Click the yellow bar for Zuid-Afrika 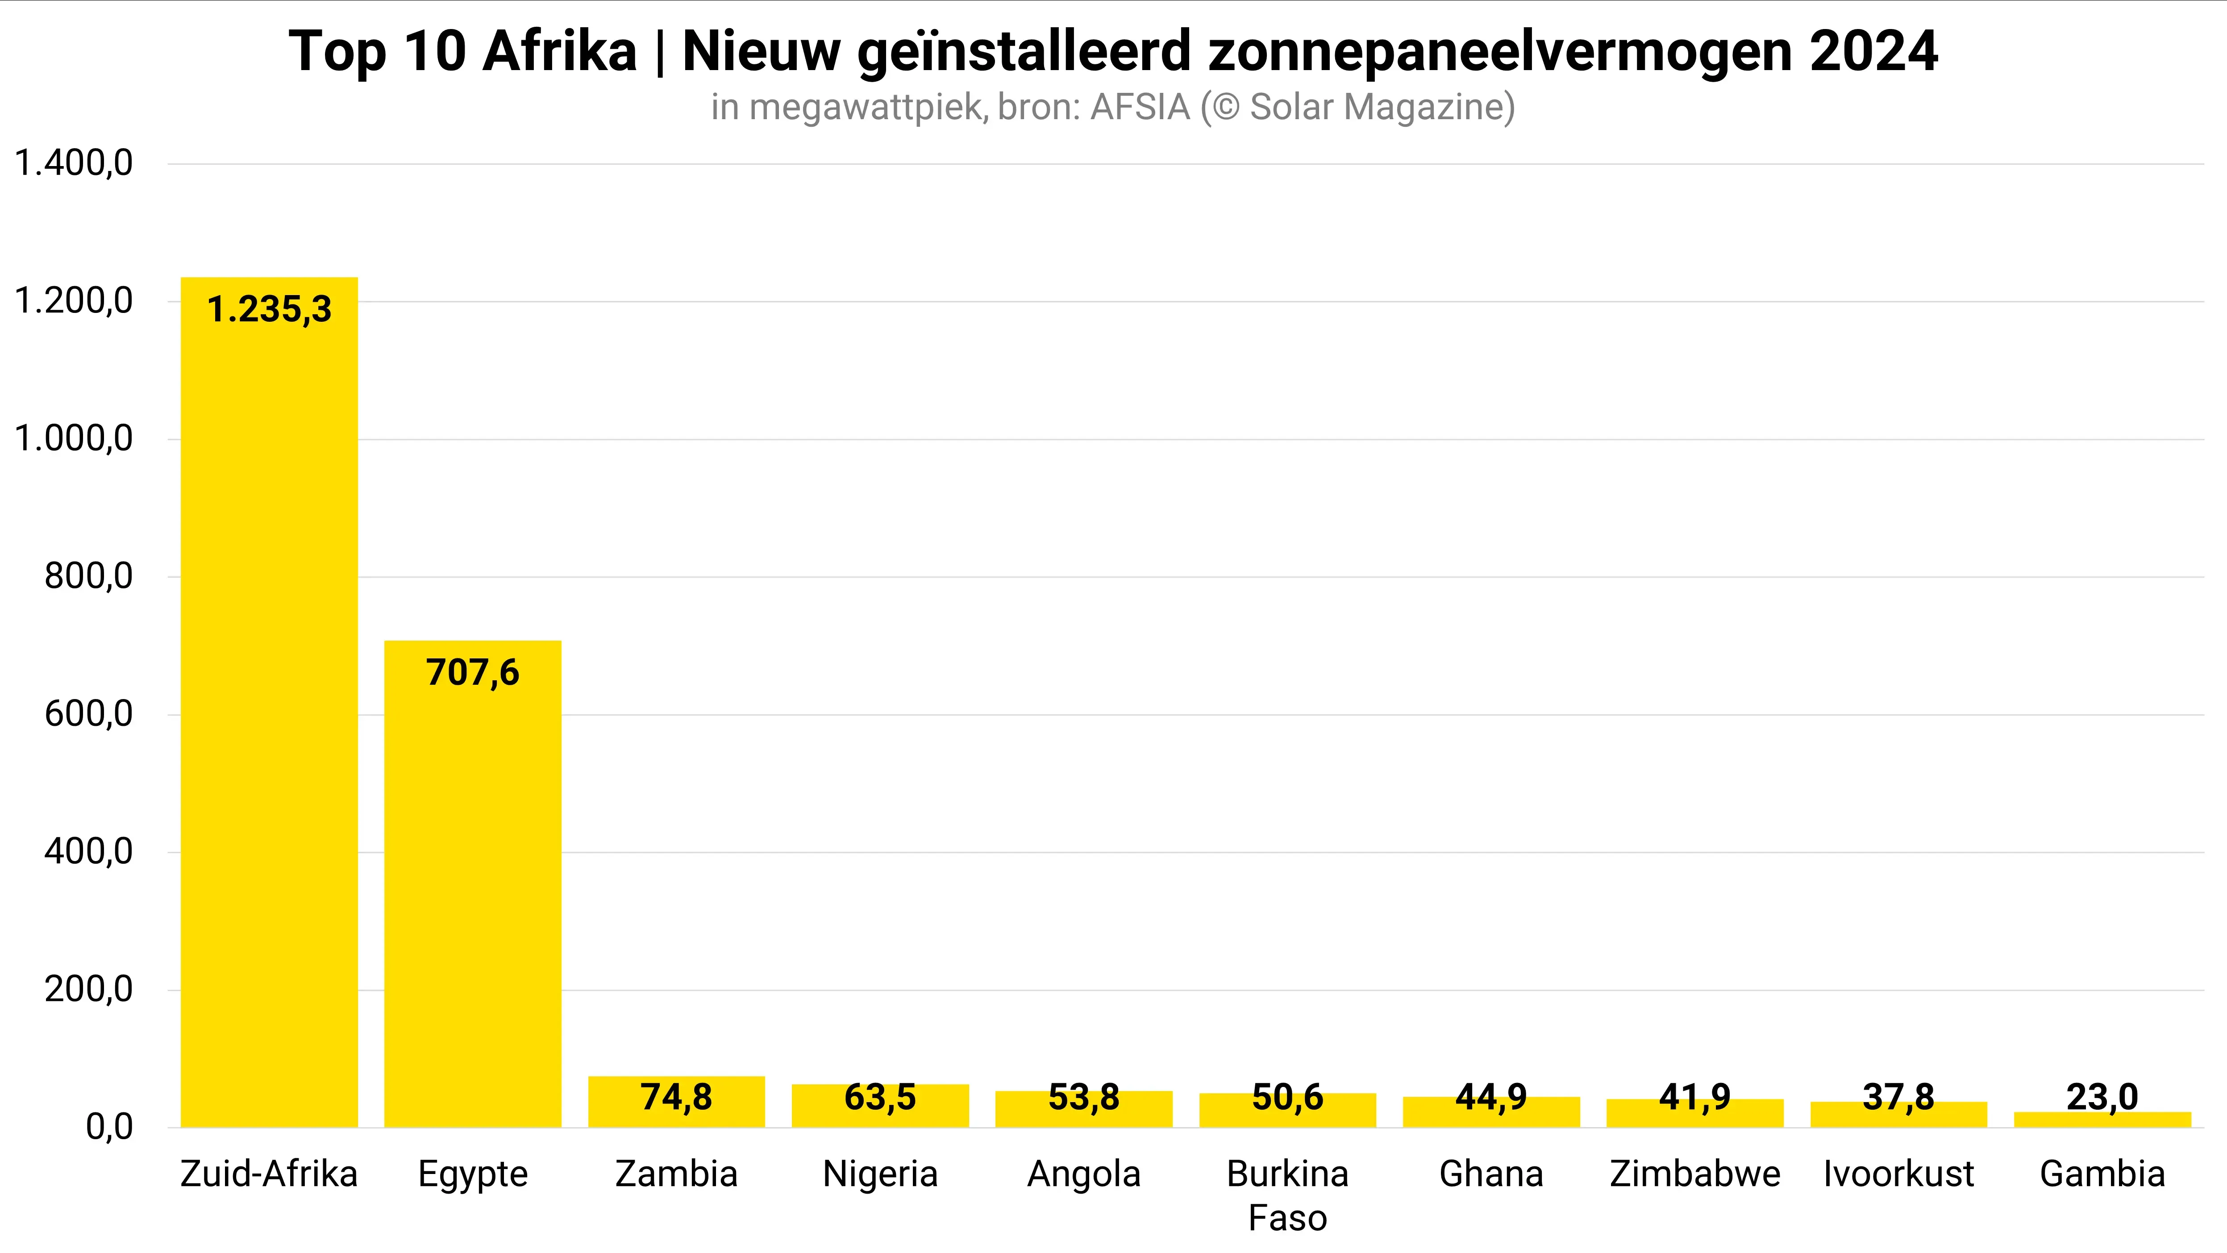(269, 709)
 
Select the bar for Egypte (473, 891)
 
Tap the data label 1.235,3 (269, 310)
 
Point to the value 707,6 (473, 673)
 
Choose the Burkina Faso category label (1287, 1195)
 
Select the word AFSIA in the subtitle (1141, 107)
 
